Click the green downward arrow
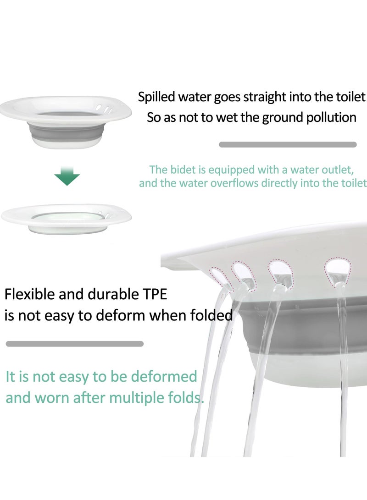(67, 177)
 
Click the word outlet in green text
(338, 170)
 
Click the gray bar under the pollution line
(288, 144)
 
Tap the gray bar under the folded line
(74, 344)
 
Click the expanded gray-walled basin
(66, 124)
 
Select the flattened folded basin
(67, 218)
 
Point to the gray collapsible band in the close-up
(317, 321)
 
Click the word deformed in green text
(164, 377)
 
